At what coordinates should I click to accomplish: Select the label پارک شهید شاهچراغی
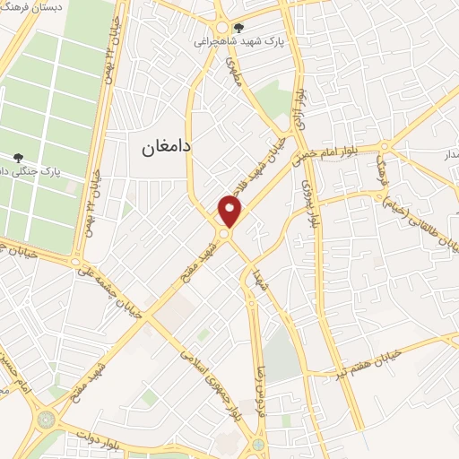coord(239,41)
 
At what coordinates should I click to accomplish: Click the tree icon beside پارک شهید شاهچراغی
coord(238,28)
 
